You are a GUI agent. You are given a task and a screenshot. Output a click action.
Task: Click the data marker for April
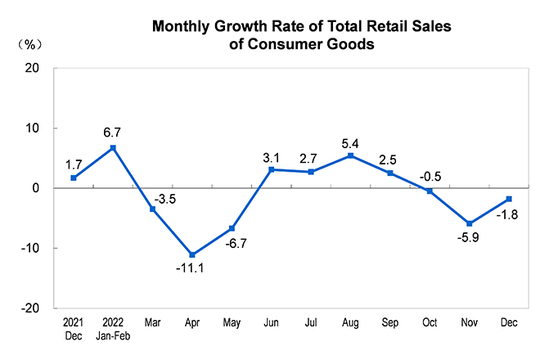192,254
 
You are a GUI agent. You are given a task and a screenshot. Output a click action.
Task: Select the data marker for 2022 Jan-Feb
113,148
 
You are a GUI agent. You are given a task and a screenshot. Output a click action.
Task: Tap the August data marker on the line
350,155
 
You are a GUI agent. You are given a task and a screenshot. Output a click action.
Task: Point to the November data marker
469,223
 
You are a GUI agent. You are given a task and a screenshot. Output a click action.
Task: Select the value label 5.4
350,140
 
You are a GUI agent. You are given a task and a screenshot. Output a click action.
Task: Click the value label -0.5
430,175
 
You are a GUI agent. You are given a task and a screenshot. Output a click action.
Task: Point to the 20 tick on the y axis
34,69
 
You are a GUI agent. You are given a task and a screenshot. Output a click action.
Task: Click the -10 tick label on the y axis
31,248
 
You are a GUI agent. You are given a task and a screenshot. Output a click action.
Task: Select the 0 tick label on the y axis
37,188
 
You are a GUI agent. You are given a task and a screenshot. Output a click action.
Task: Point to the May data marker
232,228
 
